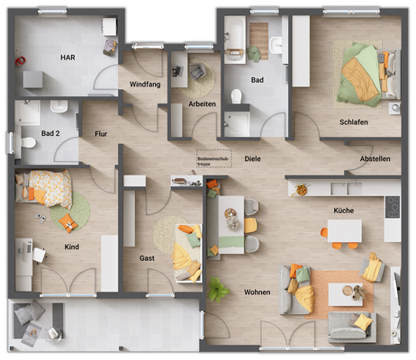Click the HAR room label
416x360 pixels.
(x=68, y=57)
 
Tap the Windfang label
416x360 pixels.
(x=145, y=84)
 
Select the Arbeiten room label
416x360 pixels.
(x=203, y=104)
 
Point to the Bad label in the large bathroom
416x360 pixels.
(x=258, y=80)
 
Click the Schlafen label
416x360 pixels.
(x=354, y=122)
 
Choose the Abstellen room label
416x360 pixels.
(x=375, y=158)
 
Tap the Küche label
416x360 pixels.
(x=342, y=211)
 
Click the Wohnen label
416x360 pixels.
(x=257, y=292)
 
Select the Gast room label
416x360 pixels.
(x=147, y=258)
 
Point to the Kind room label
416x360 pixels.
(x=72, y=246)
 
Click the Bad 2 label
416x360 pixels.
(x=50, y=134)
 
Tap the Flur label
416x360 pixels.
(x=101, y=134)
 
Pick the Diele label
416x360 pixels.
(x=252, y=158)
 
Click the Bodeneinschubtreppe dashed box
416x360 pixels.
(x=214, y=158)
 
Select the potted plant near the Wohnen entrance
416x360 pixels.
(x=217, y=290)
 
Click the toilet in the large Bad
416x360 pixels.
(x=237, y=97)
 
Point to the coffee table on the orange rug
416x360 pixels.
(x=345, y=294)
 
